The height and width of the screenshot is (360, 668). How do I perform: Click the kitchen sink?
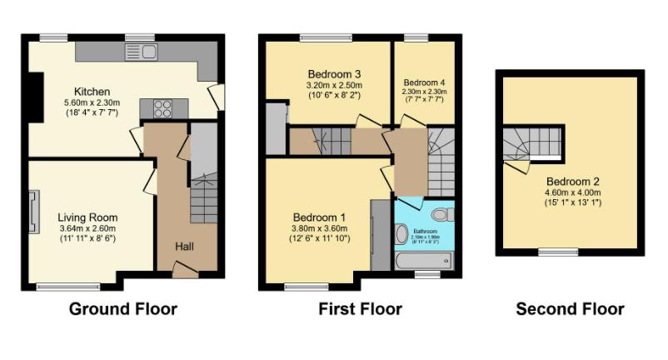(x=142, y=52)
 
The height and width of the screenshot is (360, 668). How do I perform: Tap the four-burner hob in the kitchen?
(x=161, y=108)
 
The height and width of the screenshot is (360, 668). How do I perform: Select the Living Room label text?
(x=87, y=217)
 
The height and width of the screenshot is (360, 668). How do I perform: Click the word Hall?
(x=186, y=247)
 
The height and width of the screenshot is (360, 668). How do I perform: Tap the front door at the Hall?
(x=185, y=268)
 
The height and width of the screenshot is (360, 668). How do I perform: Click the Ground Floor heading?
(x=122, y=309)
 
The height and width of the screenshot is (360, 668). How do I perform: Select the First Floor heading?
(x=360, y=309)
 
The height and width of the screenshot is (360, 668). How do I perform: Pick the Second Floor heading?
(x=570, y=309)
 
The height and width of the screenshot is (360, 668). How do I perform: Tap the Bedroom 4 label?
(x=425, y=83)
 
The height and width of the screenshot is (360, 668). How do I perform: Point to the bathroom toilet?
(x=442, y=214)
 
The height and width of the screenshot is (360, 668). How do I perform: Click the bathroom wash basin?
(x=401, y=232)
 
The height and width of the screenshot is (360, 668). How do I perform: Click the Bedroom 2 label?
(x=573, y=182)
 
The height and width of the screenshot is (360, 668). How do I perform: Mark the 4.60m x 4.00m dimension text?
(x=573, y=192)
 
